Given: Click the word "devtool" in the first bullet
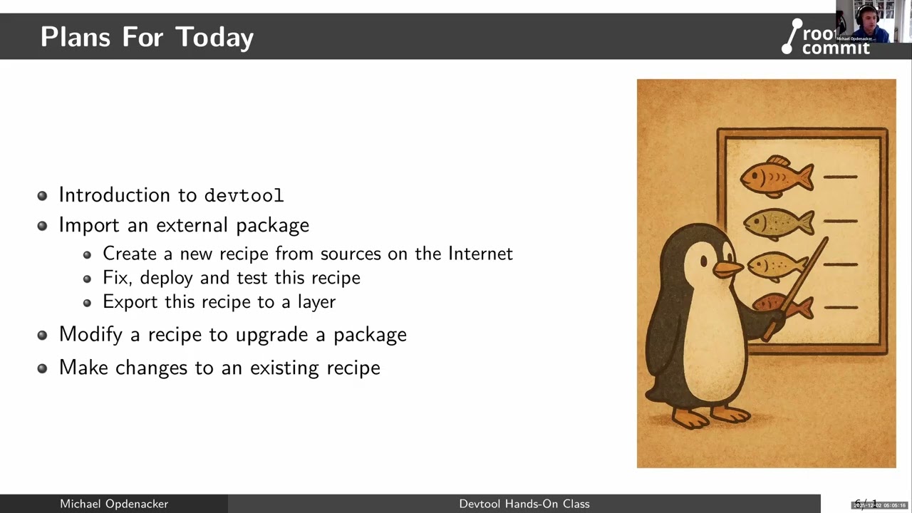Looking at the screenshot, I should [x=244, y=195].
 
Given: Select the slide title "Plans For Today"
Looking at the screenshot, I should [x=147, y=37].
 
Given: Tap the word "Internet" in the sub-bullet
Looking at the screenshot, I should [x=480, y=254].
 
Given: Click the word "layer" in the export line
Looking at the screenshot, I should [x=317, y=302].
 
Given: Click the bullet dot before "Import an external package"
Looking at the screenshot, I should [x=43, y=226].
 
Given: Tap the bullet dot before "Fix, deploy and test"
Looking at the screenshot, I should [x=87, y=279].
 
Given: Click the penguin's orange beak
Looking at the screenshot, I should [x=728, y=269].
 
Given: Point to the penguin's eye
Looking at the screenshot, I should [x=704, y=262].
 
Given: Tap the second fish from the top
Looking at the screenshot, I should [x=779, y=222].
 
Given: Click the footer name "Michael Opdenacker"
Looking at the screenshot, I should [x=114, y=504].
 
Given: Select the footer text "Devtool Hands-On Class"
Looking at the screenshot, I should [x=524, y=504].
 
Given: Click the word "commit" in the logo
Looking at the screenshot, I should [x=836, y=48].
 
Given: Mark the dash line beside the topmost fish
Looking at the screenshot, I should [x=840, y=177].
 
